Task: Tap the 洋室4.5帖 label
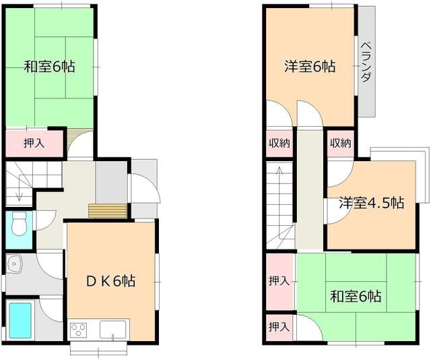coord(371,202)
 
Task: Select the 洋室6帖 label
coord(309,67)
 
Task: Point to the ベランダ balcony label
coord(366,61)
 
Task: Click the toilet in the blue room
coord(20,222)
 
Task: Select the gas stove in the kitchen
coord(79,330)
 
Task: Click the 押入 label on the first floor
coord(34,143)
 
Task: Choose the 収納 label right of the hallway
coord(341,142)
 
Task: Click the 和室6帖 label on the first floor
coord(49,67)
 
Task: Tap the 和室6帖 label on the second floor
coord(356,295)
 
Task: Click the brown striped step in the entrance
coord(108,211)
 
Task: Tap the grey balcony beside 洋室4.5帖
coord(423,175)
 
